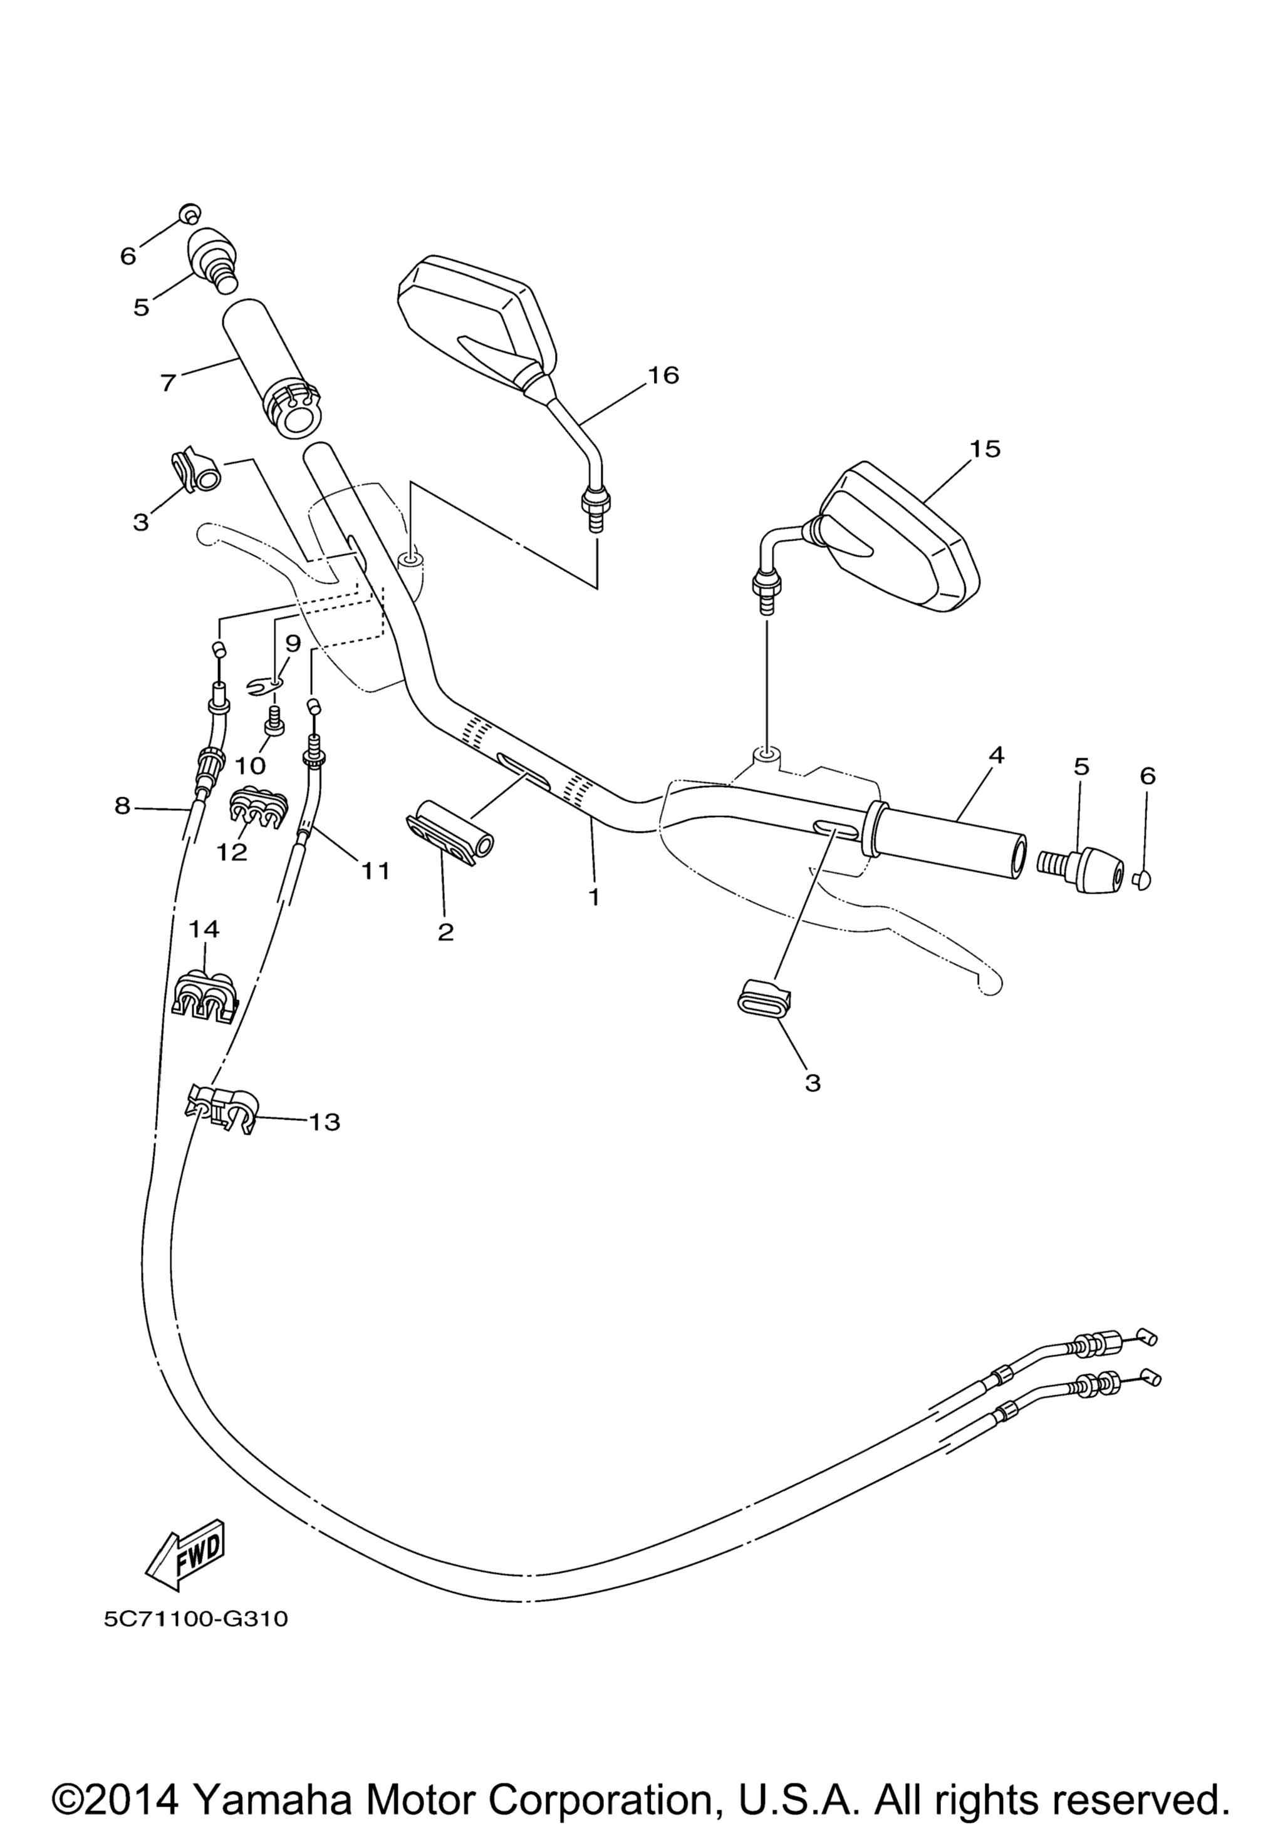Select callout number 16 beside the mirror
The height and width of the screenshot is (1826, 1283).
click(663, 374)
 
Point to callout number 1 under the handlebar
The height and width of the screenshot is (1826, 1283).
click(593, 897)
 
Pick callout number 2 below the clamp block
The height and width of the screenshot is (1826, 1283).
click(445, 931)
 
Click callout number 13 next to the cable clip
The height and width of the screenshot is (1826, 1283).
click(325, 1122)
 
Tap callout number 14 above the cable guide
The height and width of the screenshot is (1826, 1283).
click(204, 928)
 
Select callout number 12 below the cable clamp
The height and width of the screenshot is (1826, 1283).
click(232, 852)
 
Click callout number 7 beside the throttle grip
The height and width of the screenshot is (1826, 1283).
click(167, 382)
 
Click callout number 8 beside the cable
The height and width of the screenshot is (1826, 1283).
click(122, 807)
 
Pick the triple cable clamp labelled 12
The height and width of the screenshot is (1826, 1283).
click(257, 810)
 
